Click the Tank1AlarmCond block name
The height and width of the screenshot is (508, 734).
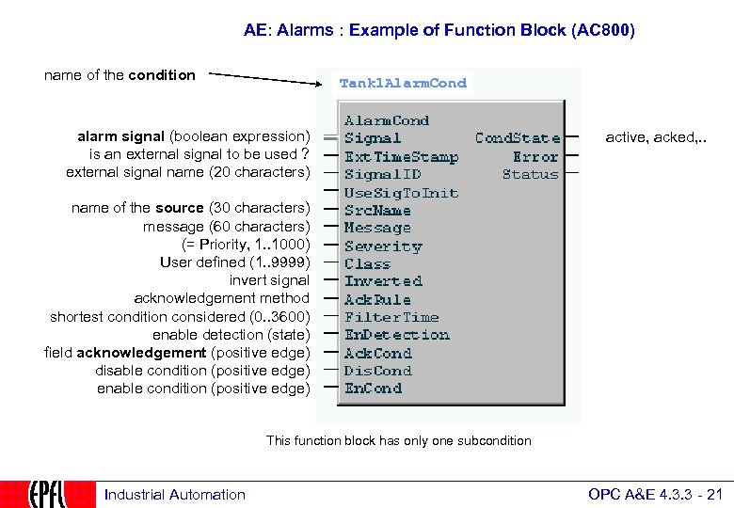[403, 83]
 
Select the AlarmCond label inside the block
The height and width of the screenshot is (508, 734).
[386, 120]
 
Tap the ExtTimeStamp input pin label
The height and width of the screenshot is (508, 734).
[401, 156]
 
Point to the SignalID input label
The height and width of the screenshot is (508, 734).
[382, 174]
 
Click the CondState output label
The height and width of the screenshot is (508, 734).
[517, 138]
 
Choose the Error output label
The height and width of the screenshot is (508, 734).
[535, 156]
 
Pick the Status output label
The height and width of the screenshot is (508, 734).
[530, 174]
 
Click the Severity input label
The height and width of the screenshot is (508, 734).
[383, 246]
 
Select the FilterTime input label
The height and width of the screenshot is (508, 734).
[391, 317]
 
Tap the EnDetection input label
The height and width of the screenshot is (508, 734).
[396, 335]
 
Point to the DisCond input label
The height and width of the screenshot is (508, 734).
[377, 371]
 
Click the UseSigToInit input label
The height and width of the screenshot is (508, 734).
[401, 192]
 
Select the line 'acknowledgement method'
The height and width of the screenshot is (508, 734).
[221, 298]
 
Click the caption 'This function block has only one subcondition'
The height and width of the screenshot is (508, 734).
[399, 440]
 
